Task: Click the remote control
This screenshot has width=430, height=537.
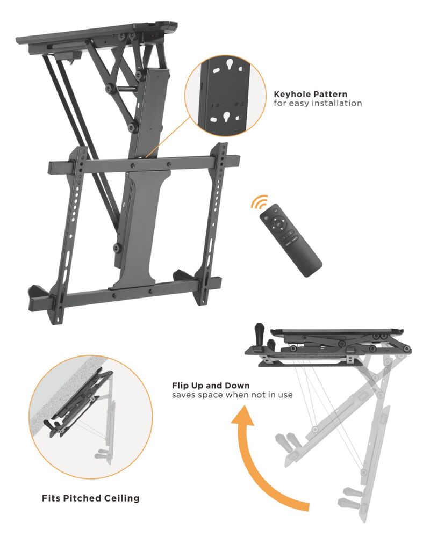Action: click(291, 240)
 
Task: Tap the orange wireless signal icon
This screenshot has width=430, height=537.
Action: click(259, 202)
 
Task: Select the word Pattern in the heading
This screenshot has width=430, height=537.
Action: click(330, 94)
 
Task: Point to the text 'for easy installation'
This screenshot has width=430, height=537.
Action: click(318, 103)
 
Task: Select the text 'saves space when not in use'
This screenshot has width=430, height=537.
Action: click(232, 395)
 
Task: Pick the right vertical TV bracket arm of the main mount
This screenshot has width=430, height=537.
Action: click(212, 223)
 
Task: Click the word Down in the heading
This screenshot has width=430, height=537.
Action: click(238, 386)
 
